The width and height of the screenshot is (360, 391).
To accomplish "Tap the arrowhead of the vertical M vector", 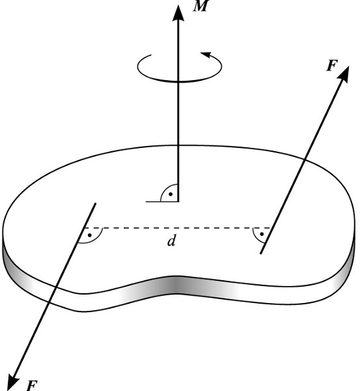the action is point(178,13).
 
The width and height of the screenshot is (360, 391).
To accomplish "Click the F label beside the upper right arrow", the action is point(332,66).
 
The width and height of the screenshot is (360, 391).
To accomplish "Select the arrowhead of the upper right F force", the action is point(344,74).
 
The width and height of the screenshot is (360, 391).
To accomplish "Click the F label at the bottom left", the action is point(32,385).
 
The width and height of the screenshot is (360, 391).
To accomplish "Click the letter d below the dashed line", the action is point(172,241).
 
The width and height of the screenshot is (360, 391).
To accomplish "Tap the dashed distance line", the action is point(177,227).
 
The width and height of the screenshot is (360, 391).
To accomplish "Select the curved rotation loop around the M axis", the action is point(180,81).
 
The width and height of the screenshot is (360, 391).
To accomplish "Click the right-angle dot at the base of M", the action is point(171,194).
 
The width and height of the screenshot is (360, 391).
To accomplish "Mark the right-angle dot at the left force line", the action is point(90,235).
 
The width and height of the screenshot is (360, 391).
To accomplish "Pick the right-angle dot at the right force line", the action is point(262,234).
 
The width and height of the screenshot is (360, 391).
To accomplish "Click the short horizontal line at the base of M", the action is point(162,201).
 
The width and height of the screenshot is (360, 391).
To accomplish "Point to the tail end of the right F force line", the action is point(260,253).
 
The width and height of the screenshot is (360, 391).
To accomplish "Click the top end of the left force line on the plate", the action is point(96,203).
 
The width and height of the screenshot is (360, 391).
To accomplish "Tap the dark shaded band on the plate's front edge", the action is point(176,285).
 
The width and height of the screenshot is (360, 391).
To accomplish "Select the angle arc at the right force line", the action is point(256,237).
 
